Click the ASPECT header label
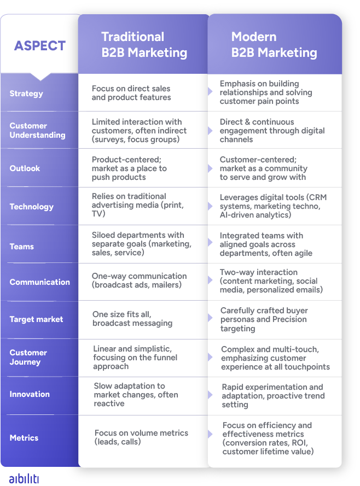coord(40,46)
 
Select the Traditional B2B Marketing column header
coord(144,45)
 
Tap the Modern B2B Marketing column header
coord(274,45)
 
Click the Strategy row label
coord(26,93)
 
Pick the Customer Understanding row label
coord(38,131)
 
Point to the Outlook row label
coord(25,168)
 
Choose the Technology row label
coord(32,207)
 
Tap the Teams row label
coord(22,247)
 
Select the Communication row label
coord(40,282)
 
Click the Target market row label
coord(36,320)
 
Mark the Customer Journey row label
coord(28,358)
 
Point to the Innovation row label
coord(30,394)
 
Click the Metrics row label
coord(24,438)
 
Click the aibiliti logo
coord(24,478)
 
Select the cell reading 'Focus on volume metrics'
coord(141,437)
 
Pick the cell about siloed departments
coord(142,244)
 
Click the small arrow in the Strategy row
coord(210,91)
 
